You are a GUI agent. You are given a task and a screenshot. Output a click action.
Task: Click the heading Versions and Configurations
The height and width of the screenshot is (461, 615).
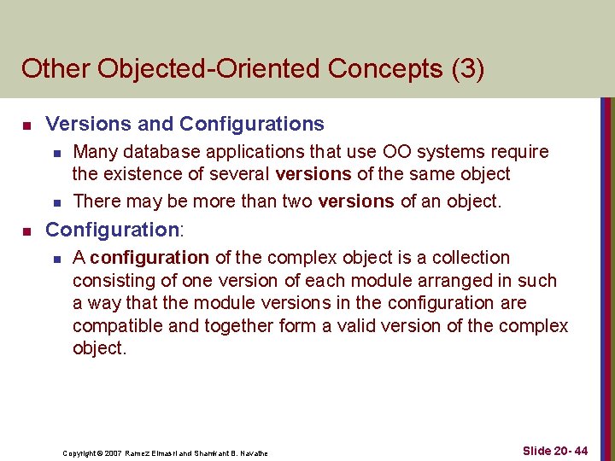pos(184,125)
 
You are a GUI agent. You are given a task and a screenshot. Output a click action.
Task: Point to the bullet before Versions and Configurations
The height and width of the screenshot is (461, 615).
pos(26,125)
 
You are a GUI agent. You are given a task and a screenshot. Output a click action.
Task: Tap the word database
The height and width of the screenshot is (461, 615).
pos(161,152)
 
